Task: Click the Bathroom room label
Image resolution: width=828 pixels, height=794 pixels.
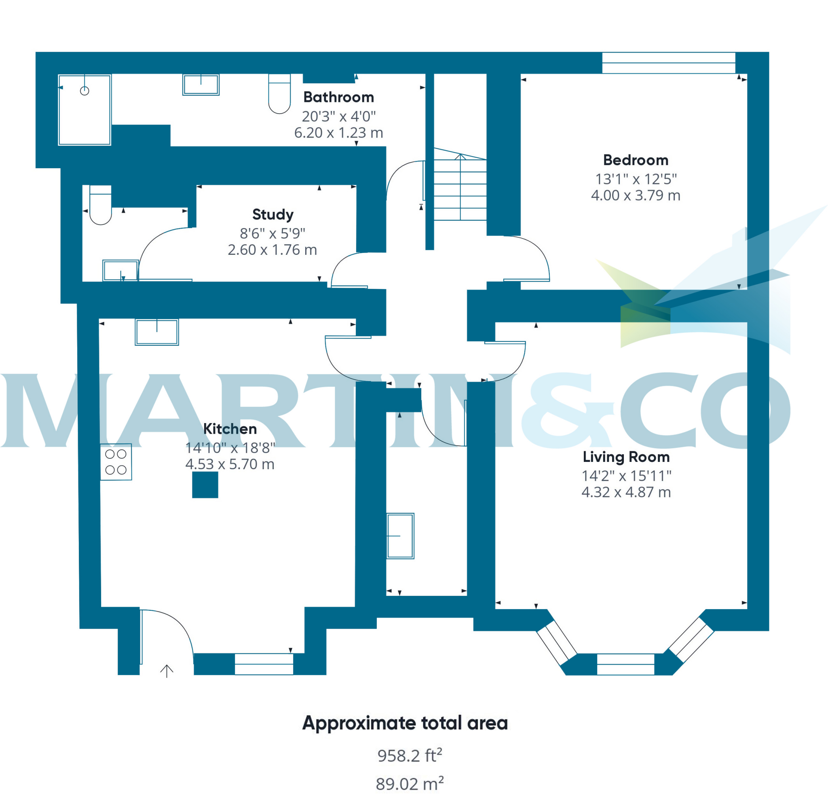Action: (338, 97)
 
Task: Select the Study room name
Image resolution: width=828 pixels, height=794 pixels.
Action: (272, 214)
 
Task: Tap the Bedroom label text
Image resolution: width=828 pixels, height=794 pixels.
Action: (636, 160)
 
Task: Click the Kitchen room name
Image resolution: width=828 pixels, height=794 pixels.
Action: (230, 429)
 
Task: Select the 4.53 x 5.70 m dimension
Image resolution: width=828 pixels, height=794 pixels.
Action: (230, 464)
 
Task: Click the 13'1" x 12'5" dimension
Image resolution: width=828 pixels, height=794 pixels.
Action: (636, 179)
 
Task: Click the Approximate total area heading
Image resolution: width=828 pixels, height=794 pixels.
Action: (405, 723)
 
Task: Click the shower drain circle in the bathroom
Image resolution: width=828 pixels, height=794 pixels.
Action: (84, 91)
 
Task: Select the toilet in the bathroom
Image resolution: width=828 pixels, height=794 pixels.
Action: (279, 94)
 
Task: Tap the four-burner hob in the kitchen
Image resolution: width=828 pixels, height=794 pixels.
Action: (116, 462)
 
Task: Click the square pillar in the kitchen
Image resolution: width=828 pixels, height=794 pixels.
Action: (205, 485)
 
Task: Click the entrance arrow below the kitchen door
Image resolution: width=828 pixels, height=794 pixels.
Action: (167, 671)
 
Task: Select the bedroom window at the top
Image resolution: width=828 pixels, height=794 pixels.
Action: (668, 63)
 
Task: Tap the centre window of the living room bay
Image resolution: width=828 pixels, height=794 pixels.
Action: (625, 664)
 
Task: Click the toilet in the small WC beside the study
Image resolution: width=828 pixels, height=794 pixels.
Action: (101, 205)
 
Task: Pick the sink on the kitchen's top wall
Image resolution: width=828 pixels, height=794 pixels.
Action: (157, 332)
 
